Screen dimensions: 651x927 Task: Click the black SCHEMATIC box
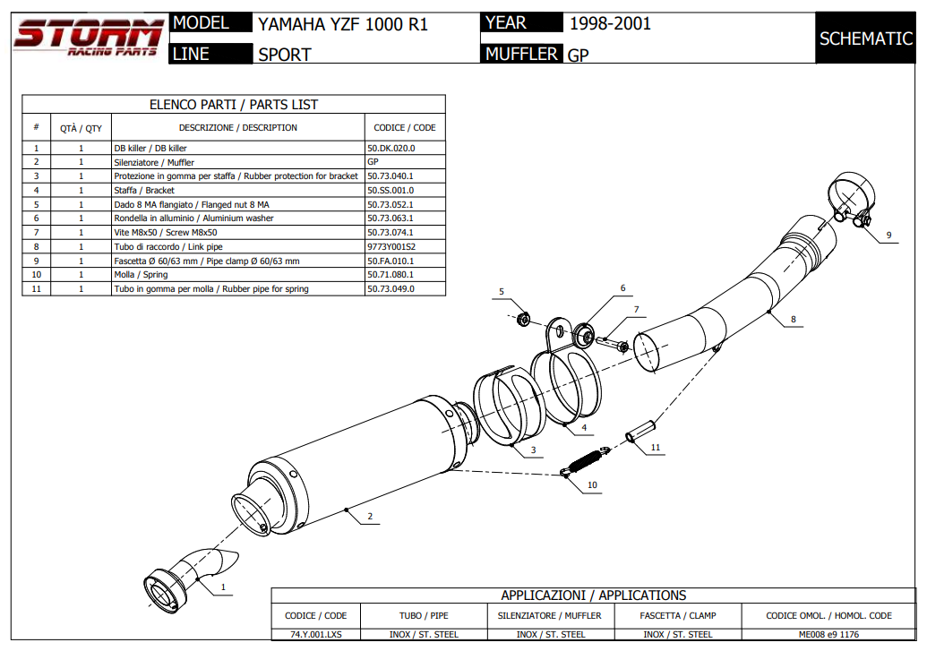coord(865,39)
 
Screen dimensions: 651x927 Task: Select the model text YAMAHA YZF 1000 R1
coord(343,24)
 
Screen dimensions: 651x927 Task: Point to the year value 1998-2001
coord(610,23)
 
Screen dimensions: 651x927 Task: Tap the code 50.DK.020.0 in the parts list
coord(391,148)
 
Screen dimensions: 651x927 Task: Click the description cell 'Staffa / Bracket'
coord(144,190)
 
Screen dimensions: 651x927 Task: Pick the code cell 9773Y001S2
coord(391,246)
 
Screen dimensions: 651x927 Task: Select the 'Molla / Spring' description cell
coord(141,275)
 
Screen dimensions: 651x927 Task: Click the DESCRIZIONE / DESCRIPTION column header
coord(237,127)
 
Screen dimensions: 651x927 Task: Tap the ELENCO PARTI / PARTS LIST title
coord(233,105)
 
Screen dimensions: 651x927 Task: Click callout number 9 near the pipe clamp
coord(888,236)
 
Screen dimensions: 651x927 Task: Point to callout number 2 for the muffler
coord(369,517)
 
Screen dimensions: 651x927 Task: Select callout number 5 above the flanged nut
coord(502,292)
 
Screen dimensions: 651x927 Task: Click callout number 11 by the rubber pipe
coord(655,447)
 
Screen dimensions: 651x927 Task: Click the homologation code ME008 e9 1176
coord(829,634)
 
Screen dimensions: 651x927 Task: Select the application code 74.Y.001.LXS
coord(315,634)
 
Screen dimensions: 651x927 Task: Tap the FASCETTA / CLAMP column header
coord(678,615)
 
